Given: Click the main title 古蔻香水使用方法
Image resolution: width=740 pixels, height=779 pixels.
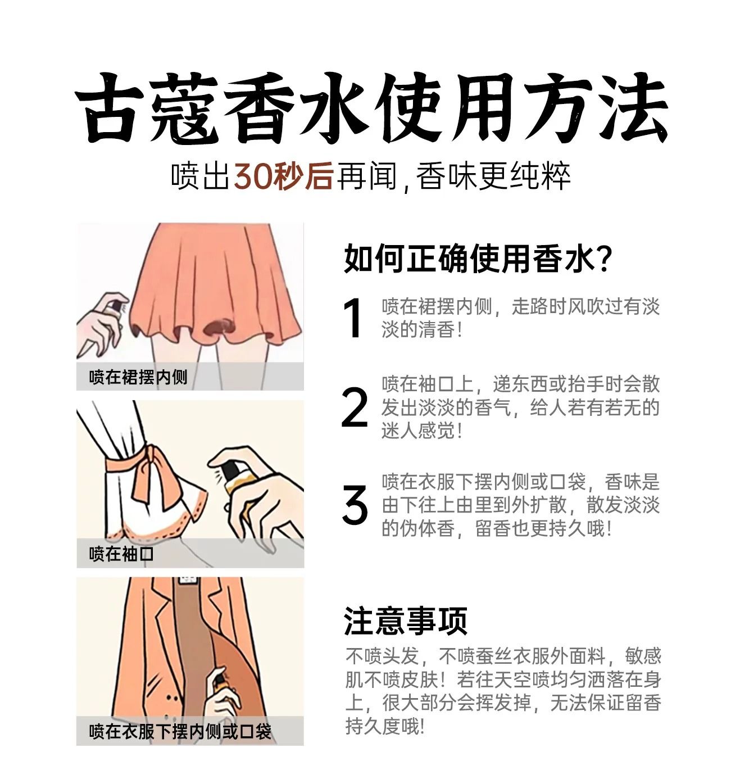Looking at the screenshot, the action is [x=371, y=108].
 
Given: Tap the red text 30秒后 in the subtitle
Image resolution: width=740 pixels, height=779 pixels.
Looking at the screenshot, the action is [x=283, y=176].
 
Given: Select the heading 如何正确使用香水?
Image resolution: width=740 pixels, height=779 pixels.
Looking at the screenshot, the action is [x=478, y=259].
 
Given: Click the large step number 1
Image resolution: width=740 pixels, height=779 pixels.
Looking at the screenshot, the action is [x=352, y=318].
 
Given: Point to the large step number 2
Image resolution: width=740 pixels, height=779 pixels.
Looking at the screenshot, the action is [x=355, y=407].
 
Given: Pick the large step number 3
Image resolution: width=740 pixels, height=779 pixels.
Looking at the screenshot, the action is [x=355, y=505].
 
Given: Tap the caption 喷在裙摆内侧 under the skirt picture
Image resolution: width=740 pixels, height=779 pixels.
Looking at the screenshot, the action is [x=138, y=377].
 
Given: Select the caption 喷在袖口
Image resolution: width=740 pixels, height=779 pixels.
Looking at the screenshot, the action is [x=121, y=554].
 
